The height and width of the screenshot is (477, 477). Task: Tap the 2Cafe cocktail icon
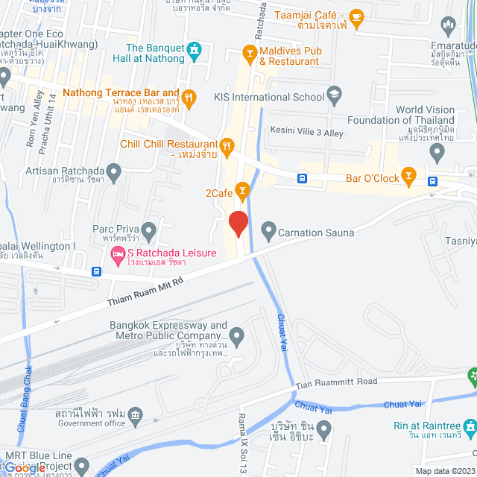click(x=241, y=191)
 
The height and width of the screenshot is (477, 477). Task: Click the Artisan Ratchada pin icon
click(x=113, y=173)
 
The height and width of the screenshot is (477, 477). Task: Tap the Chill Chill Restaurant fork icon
click(x=227, y=145)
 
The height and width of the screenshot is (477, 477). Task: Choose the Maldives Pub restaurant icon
click(x=250, y=52)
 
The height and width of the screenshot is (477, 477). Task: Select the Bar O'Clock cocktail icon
click(x=408, y=176)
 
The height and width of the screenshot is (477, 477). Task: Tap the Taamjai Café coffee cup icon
click(x=356, y=16)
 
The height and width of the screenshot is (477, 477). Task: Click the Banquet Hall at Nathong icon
click(x=195, y=51)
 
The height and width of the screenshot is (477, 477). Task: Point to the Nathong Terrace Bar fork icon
click(x=189, y=96)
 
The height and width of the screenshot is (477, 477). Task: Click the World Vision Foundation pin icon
click(x=437, y=152)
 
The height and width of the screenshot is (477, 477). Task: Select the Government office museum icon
click(x=135, y=414)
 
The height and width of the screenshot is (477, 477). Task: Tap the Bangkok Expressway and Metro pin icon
click(x=237, y=337)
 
